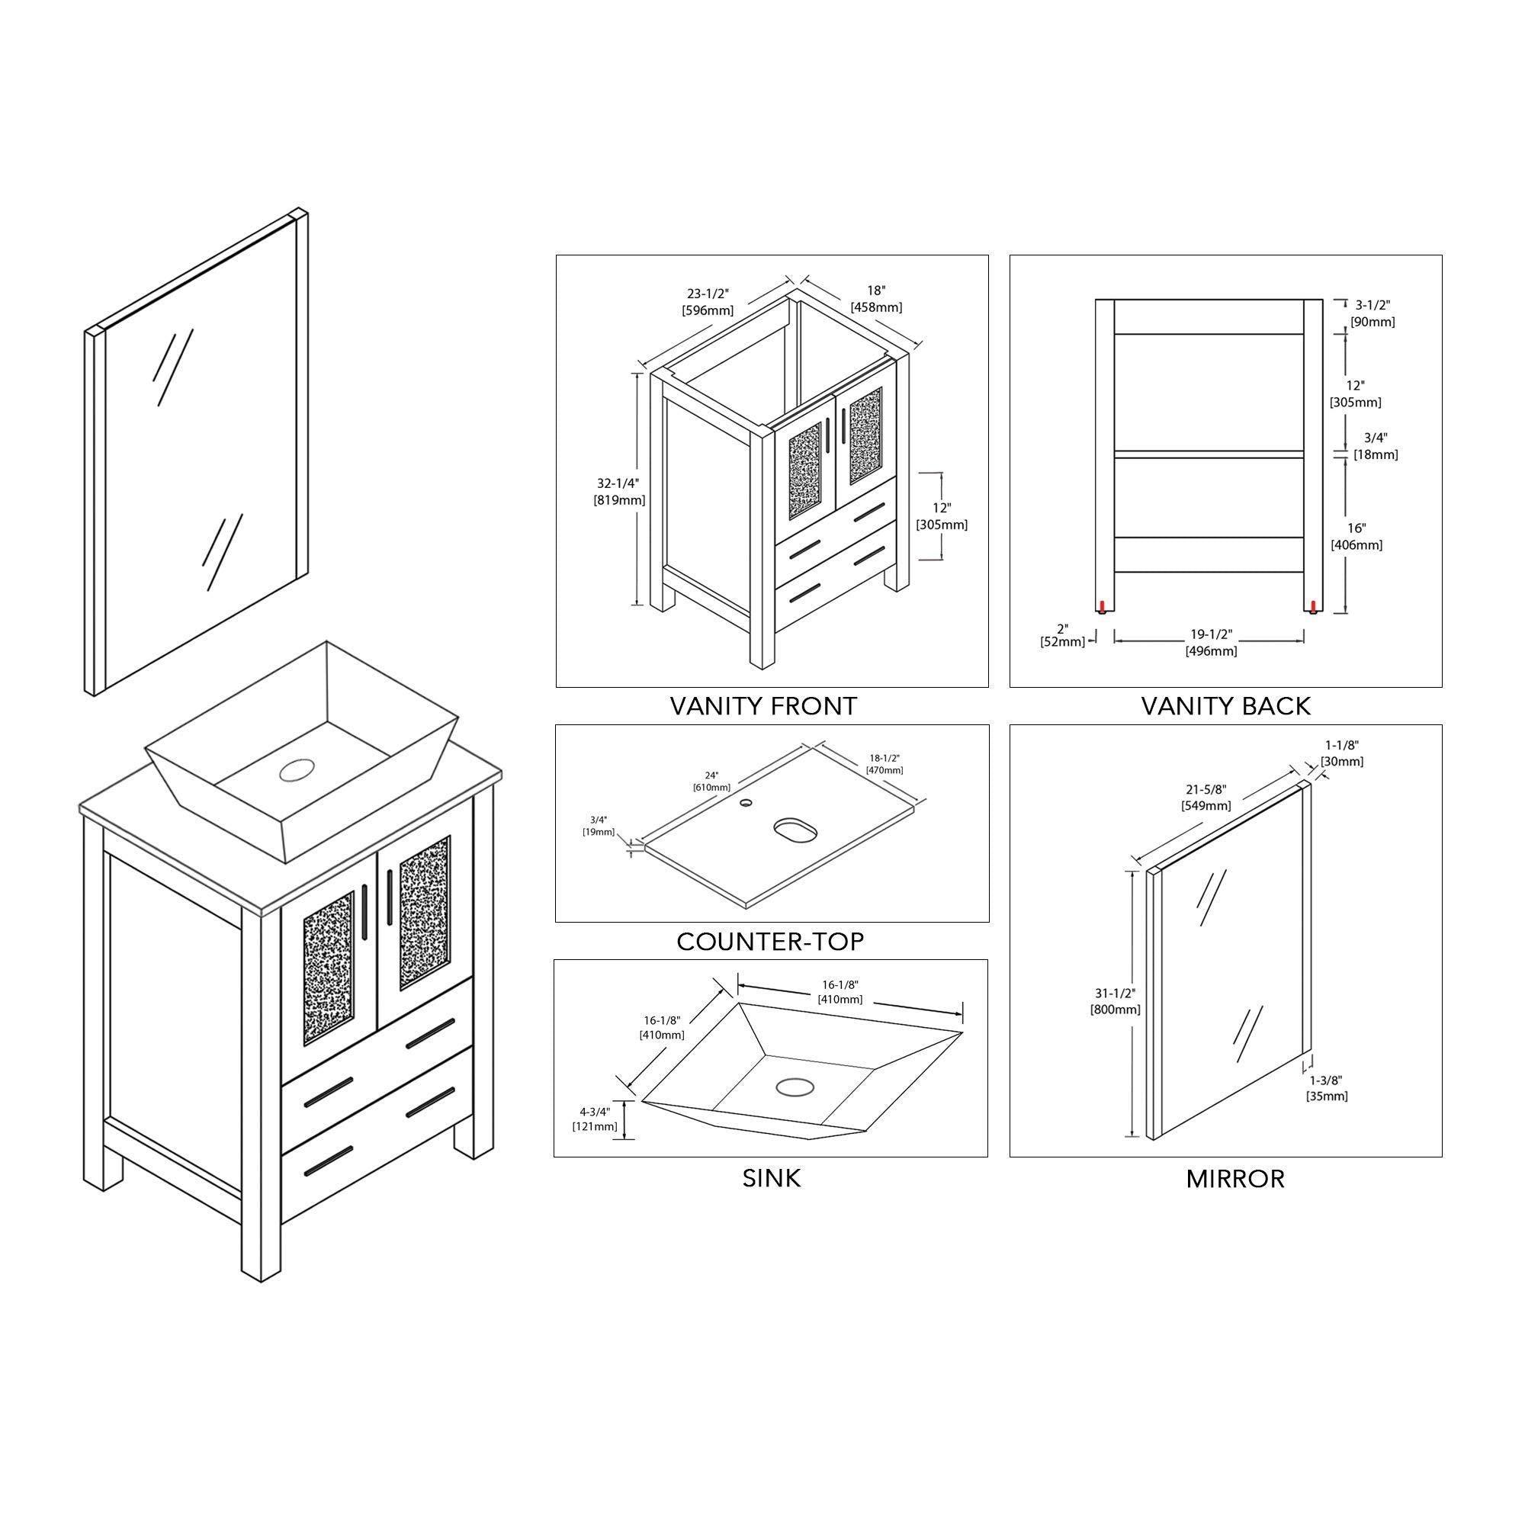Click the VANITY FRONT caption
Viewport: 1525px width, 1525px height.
point(763,705)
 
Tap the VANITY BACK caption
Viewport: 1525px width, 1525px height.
point(1226,705)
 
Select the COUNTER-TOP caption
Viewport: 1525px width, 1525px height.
point(770,941)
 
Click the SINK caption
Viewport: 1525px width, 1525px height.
point(772,1178)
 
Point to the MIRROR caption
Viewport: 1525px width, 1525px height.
point(1235,1179)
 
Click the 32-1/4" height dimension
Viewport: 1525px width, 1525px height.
point(619,491)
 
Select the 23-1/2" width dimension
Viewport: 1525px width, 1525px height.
point(708,301)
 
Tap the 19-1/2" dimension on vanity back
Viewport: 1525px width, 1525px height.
point(1211,643)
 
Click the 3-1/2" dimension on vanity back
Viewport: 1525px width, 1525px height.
point(1372,313)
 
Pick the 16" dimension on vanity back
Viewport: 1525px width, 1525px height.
point(1357,536)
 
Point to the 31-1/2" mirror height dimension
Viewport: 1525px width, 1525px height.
point(1116,1001)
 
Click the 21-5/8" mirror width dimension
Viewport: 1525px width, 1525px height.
point(1206,798)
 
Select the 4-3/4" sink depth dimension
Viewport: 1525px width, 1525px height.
point(596,1119)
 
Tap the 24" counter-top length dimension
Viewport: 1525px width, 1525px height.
point(712,781)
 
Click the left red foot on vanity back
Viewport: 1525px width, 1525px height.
point(1101,606)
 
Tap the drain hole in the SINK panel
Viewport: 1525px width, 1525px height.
point(794,1086)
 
